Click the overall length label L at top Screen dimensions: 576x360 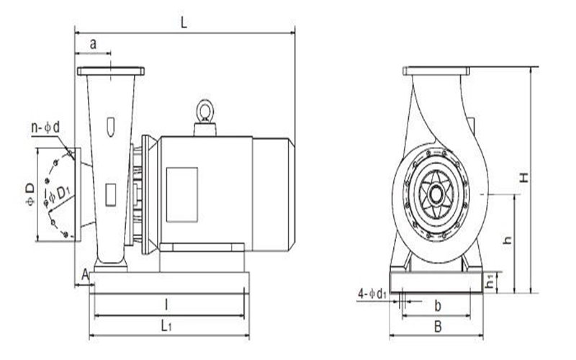click(184, 23)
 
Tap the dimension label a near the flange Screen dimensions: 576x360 click(94, 44)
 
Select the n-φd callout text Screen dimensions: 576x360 click(45, 128)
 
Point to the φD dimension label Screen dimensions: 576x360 click(30, 194)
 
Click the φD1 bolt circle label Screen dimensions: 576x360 click(59, 194)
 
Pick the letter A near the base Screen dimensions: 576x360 click(85, 274)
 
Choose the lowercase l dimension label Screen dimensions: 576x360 click(166, 305)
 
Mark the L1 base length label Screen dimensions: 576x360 click(166, 325)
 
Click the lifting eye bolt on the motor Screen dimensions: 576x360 click(204, 110)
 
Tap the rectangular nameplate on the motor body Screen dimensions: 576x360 click(182, 194)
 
